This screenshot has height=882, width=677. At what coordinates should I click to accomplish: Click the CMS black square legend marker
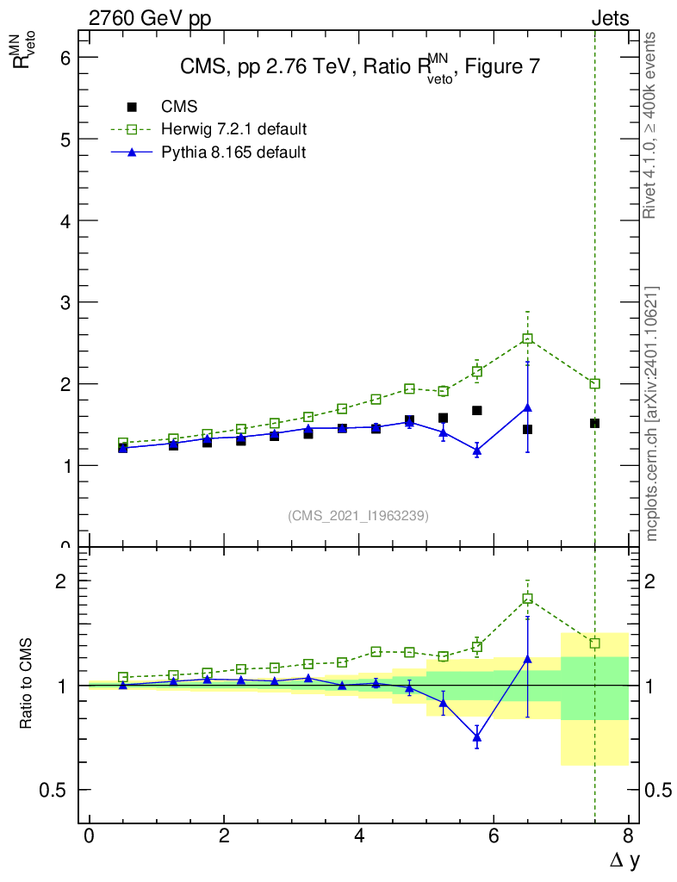(132, 108)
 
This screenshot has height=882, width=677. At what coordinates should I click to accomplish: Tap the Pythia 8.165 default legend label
(233, 152)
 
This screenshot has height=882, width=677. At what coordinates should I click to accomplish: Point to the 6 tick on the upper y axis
(64, 58)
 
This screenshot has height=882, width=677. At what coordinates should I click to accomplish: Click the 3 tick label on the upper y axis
(64, 302)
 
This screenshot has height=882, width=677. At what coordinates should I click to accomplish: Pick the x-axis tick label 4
(358, 836)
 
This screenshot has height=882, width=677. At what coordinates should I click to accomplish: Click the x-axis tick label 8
(628, 836)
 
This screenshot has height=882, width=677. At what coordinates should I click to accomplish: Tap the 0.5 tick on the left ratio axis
(53, 790)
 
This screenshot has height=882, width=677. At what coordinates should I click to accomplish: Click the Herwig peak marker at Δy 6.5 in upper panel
(527, 339)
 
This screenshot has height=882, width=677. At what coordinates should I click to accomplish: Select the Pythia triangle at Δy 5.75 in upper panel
(477, 450)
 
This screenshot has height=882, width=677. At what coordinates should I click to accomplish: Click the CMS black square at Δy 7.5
(594, 424)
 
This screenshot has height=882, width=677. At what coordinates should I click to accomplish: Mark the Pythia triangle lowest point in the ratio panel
(477, 737)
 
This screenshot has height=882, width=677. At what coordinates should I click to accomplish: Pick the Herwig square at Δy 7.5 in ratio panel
(594, 643)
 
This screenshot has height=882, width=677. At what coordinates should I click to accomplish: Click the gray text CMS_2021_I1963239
(358, 516)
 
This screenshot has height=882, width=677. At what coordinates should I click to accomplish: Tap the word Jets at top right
(609, 18)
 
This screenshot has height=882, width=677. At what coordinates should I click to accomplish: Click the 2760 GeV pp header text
(150, 18)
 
